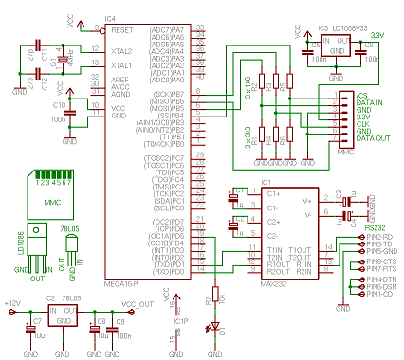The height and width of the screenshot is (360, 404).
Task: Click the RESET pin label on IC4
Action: click(121, 28)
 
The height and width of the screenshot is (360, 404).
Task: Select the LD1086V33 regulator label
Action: click(352, 30)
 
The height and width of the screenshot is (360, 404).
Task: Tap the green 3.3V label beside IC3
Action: click(377, 35)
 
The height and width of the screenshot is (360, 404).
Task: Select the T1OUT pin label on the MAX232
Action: click(301, 248)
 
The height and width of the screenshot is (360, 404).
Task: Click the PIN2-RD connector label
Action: click(376, 236)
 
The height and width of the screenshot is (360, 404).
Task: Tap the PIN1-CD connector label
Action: click(376, 295)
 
